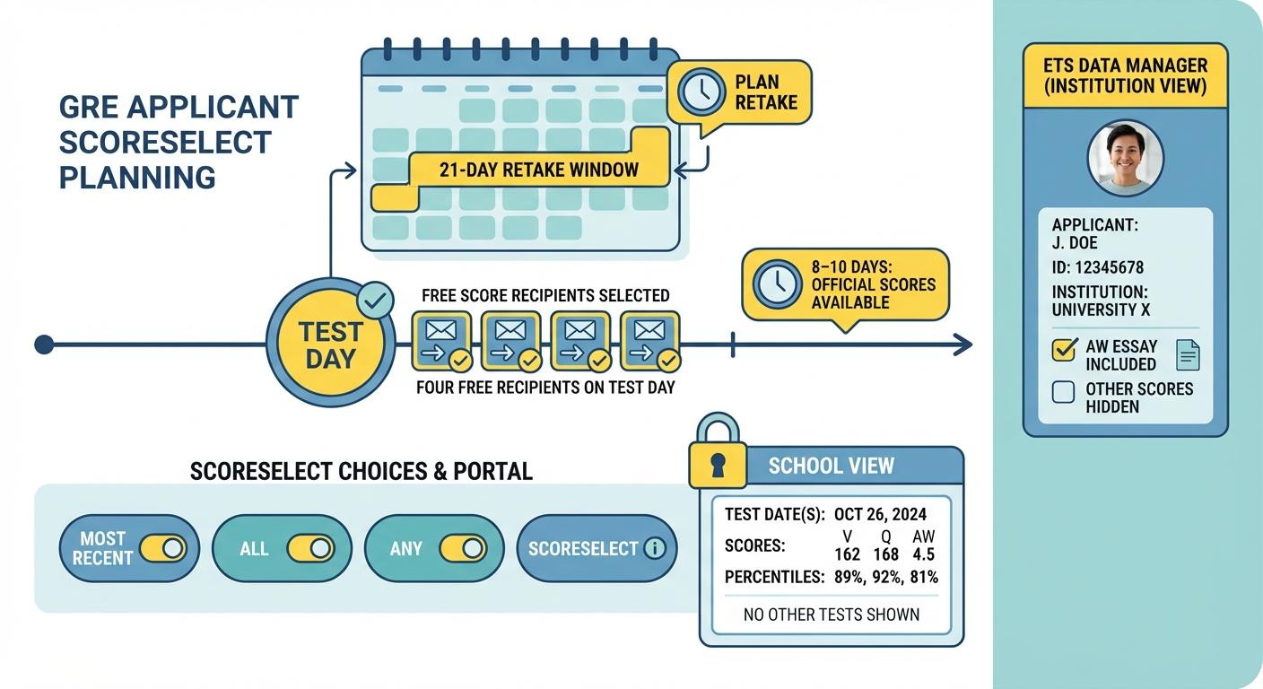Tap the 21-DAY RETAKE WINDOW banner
pyautogui.click(x=538, y=170)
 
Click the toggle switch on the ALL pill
pyautogui.click(x=310, y=548)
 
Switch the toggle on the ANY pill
pyautogui.click(x=463, y=548)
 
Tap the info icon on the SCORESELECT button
pyautogui.click(x=656, y=548)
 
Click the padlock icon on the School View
pyautogui.click(x=717, y=456)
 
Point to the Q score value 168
pyautogui.click(x=885, y=554)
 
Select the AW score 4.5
pyautogui.click(x=923, y=554)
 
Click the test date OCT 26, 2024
pyautogui.click(x=880, y=515)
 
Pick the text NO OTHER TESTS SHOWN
pyautogui.click(x=832, y=615)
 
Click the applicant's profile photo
pyautogui.click(x=1125, y=157)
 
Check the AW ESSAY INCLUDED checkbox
pyautogui.click(x=1064, y=350)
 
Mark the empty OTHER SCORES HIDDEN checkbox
pyautogui.click(x=1064, y=392)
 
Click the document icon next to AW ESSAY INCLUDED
pyautogui.click(x=1188, y=355)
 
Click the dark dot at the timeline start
pyautogui.click(x=43, y=344)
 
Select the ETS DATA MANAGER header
pyautogui.click(x=1125, y=76)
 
